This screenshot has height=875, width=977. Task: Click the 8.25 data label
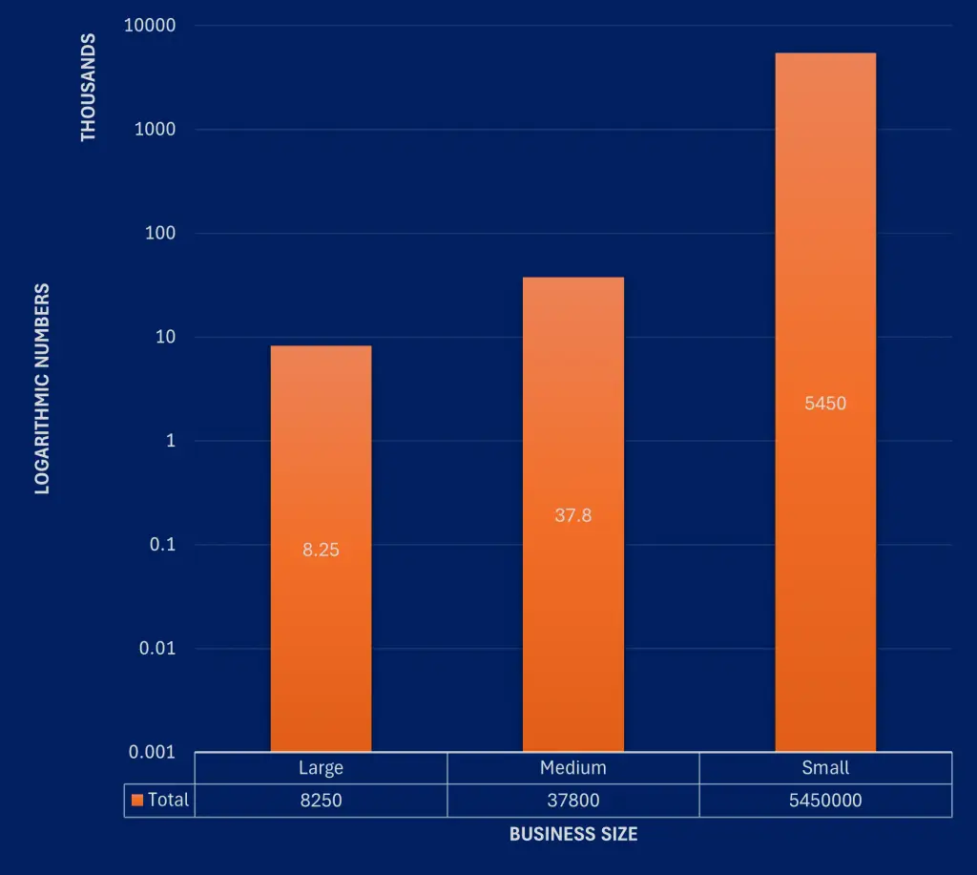pos(321,550)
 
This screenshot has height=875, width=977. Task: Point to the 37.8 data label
pos(572,515)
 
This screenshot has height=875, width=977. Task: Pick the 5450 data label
pos(825,404)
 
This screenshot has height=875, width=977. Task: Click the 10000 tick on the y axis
pos(150,26)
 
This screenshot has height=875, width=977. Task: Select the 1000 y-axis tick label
pos(155,130)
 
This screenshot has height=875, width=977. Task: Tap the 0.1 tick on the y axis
pos(162,545)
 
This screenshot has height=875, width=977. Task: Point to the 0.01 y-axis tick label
pos(158,649)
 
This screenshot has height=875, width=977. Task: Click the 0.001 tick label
pos(153,752)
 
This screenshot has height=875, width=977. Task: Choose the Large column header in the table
pos(321,768)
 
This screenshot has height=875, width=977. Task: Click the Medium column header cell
pos(572,768)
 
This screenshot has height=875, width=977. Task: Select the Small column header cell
pos(825,768)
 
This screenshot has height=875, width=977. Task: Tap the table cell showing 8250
pos(321,801)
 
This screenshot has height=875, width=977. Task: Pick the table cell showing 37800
pos(572,801)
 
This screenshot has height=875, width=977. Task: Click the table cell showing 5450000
pos(825,801)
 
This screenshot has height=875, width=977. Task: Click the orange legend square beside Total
pos(137,800)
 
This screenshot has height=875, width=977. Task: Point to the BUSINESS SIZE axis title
pos(572,834)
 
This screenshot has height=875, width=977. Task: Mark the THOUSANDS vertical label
pos(89,88)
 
